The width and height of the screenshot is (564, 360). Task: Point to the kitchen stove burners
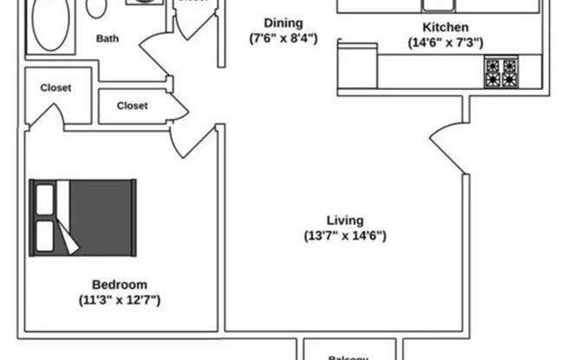coord(501,72)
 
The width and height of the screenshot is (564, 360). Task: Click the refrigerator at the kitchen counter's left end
coord(357,67)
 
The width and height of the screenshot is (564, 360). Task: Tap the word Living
coord(345,220)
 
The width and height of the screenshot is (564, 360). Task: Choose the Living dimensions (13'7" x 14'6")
coord(345,235)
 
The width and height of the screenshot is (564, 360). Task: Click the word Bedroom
coord(119,285)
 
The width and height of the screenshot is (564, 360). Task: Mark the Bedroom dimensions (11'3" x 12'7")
coord(119,300)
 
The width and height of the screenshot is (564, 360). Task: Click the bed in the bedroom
coord(84,217)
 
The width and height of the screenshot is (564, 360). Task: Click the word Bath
coord(107,38)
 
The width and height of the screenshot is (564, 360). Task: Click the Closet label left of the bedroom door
coord(54,88)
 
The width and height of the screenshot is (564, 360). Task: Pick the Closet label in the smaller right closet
coord(131,106)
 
